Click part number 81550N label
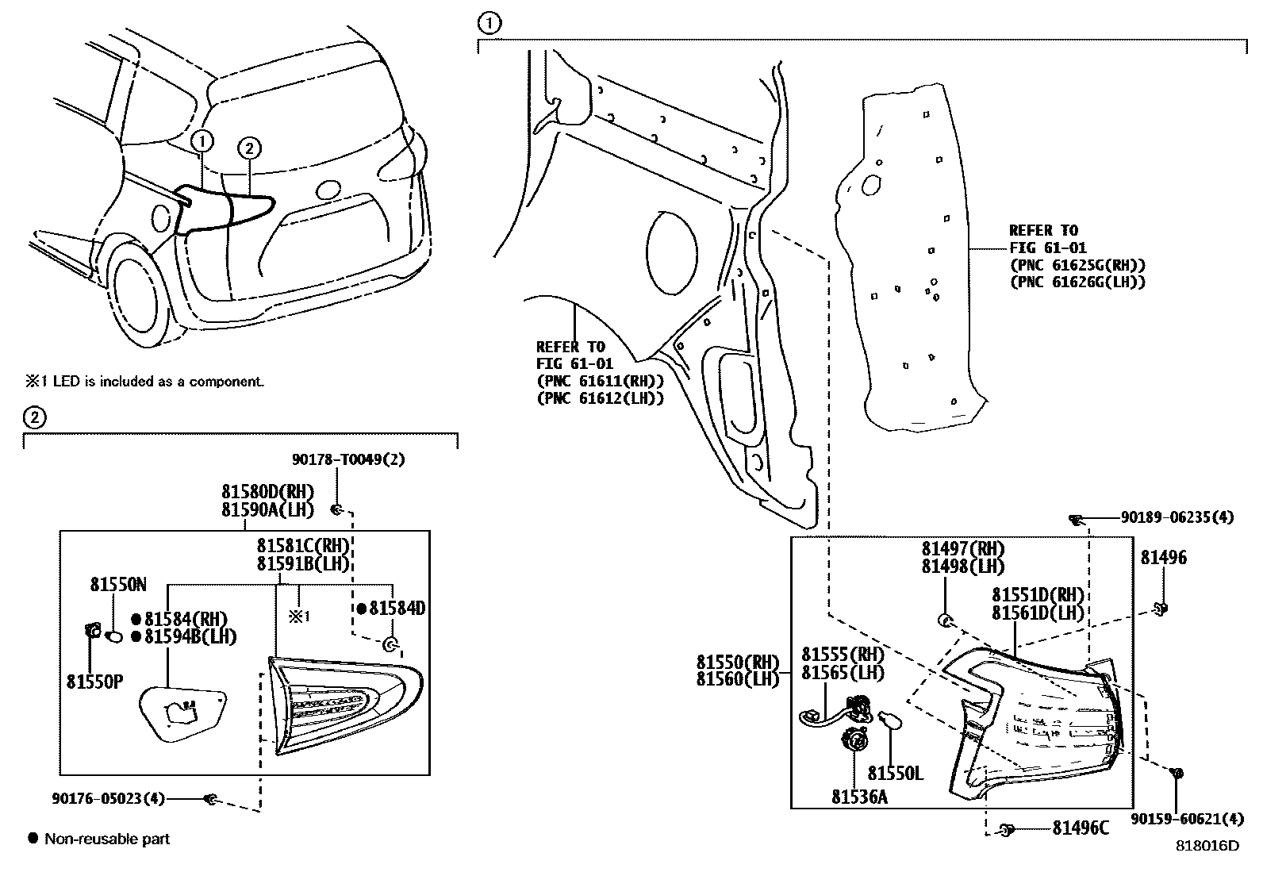[x=117, y=585]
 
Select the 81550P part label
[x=94, y=682]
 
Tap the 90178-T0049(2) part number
[x=347, y=460]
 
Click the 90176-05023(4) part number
[x=106, y=799]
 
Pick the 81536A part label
[x=859, y=796]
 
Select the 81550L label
[x=895, y=773]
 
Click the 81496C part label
[x=1080, y=828]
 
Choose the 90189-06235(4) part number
[x=1177, y=517]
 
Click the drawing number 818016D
[x=1207, y=846]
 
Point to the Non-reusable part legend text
[x=107, y=839]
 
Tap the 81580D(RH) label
[x=267, y=492]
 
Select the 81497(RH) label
[x=962, y=549]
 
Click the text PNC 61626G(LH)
[x=1077, y=282]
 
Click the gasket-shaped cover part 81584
[x=181, y=713]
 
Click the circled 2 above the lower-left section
[x=33, y=417]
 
